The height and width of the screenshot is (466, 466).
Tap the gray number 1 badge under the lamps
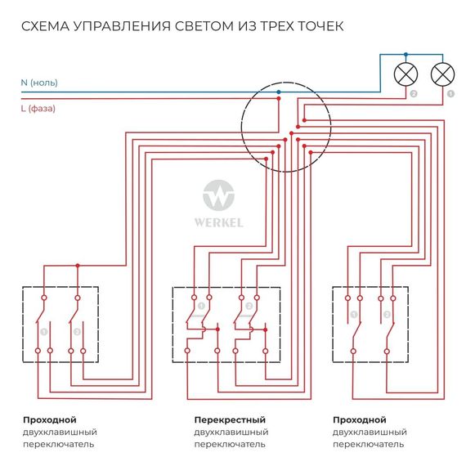click(x=450, y=96)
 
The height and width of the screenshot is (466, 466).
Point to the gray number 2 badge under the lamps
click(x=414, y=96)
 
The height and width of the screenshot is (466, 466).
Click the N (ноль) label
click(x=39, y=83)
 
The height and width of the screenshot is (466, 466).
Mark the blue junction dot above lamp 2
click(x=406, y=56)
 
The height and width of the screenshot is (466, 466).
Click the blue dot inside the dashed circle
click(x=279, y=92)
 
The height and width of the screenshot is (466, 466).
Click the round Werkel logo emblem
click(x=218, y=197)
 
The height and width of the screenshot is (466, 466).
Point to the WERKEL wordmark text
click(x=218, y=221)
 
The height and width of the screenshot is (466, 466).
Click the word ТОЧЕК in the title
click(x=315, y=27)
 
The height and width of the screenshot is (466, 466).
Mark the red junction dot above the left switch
click(x=78, y=266)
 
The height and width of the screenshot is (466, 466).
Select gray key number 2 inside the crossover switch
click(x=237, y=307)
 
